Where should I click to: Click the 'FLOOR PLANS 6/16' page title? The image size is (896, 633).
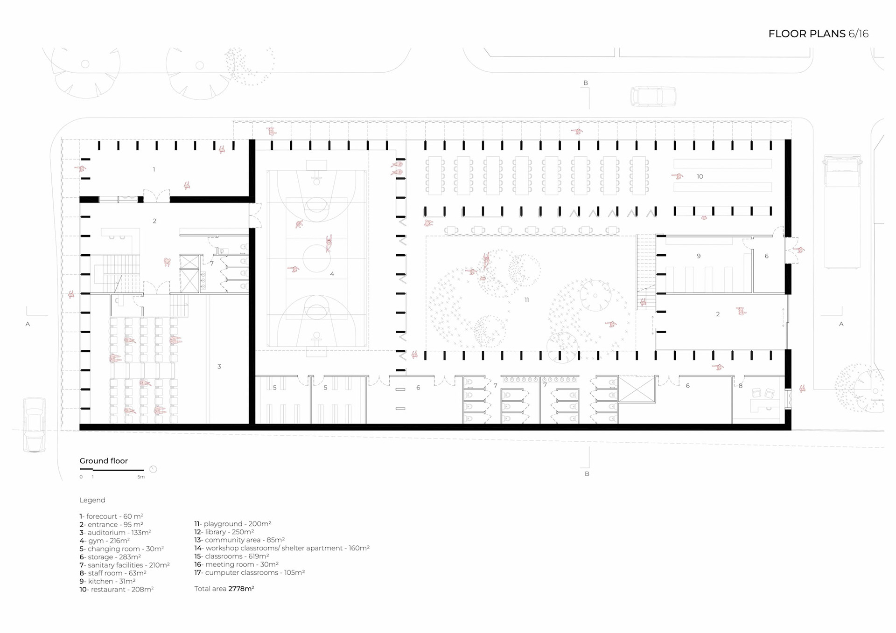(x=818, y=34)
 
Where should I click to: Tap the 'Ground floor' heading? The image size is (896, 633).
(x=104, y=461)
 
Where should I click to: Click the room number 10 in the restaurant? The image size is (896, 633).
(x=700, y=176)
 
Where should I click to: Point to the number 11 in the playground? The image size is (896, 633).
(x=526, y=300)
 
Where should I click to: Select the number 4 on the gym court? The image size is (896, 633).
(x=332, y=274)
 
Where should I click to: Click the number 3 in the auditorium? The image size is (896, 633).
(x=219, y=367)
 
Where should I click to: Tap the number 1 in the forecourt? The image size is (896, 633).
(x=154, y=169)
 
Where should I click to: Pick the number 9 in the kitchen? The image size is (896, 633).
(x=698, y=256)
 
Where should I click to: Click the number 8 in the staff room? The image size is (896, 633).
(x=740, y=386)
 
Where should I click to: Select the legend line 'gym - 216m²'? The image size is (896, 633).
(x=105, y=541)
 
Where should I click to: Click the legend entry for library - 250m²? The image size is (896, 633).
(x=224, y=532)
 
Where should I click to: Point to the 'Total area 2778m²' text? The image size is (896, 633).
(x=224, y=589)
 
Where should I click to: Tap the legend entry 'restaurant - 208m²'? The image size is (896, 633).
(x=116, y=590)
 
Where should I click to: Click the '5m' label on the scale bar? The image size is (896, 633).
(x=141, y=477)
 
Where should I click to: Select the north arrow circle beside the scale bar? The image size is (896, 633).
(x=153, y=469)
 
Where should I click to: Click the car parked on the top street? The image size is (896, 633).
(x=653, y=97)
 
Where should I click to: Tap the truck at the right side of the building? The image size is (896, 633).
(x=842, y=212)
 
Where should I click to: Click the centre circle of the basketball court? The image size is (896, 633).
(x=316, y=258)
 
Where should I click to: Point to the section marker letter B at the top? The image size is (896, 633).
(x=586, y=83)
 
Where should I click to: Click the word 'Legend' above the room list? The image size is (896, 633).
(x=92, y=500)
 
